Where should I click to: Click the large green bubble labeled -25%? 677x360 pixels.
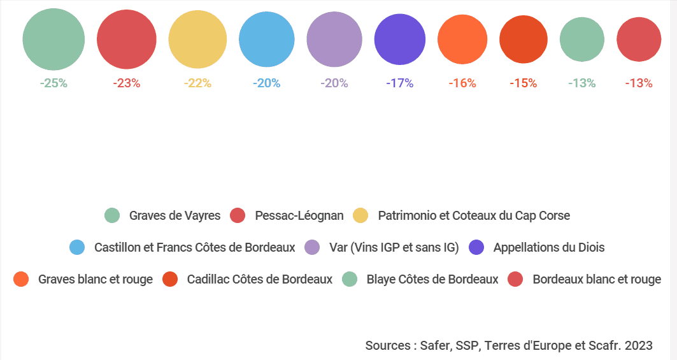[x=53, y=40]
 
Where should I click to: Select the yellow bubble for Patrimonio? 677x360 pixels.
[x=197, y=40]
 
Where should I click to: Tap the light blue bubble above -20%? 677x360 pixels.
[x=267, y=40]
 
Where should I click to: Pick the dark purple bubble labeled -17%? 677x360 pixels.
[x=400, y=40]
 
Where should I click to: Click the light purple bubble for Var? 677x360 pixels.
[x=334, y=40]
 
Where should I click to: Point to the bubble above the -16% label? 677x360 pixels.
[x=462, y=40]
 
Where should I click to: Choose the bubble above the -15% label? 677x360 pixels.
[x=524, y=40]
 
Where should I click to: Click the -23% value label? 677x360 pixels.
[x=126, y=83]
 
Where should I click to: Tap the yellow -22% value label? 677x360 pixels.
[x=197, y=83]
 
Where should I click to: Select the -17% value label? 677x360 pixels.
[x=400, y=83]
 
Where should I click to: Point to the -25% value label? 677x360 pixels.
[x=53, y=83]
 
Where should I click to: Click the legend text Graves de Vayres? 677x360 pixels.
[x=175, y=215]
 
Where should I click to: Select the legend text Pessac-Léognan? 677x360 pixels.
[x=299, y=215]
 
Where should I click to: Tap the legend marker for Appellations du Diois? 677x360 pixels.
[x=476, y=247]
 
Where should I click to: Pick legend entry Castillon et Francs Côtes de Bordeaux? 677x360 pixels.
[x=194, y=247]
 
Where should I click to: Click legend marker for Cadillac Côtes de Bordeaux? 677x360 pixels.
[x=170, y=279]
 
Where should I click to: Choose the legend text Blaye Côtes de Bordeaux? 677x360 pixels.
[x=432, y=279]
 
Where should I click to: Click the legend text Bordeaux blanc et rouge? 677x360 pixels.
[x=597, y=279]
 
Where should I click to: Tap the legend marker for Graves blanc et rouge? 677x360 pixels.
[x=21, y=279]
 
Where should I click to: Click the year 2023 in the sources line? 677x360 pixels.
[x=639, y=345]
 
